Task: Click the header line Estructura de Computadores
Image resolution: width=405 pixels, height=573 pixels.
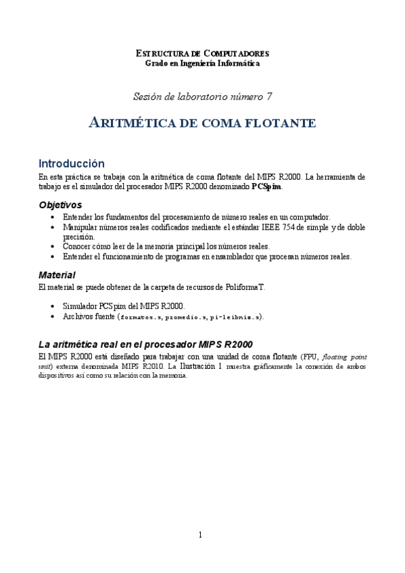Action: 202,53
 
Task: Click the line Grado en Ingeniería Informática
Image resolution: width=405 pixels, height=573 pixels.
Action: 202,63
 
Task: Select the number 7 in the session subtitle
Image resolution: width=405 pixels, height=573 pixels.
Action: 270,96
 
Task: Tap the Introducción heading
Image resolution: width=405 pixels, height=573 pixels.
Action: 72,164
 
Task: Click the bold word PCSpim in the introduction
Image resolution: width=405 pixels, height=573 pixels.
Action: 266,187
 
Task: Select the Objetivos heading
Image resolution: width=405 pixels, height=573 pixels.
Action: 60,204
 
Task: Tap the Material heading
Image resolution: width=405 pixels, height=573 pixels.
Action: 56,274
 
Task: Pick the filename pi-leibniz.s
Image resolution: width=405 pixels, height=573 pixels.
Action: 237,316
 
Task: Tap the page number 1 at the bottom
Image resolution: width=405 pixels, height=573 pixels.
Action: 200,536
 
